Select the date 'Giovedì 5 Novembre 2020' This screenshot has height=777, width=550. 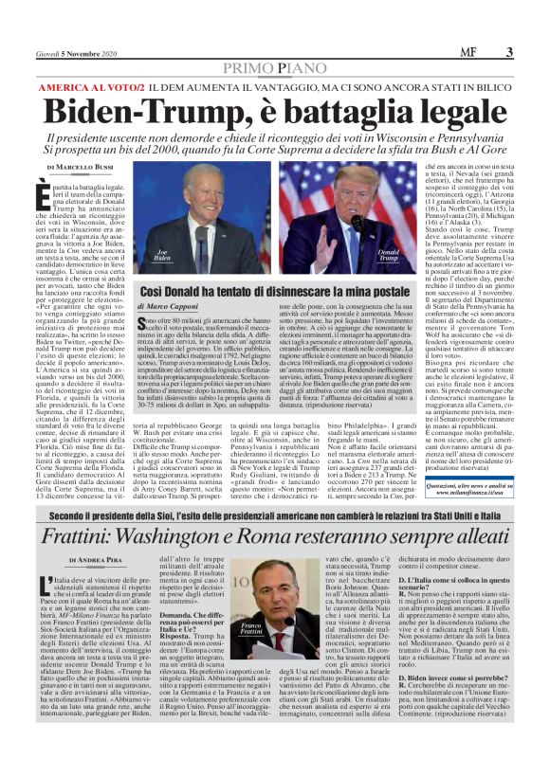click(71, 54)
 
